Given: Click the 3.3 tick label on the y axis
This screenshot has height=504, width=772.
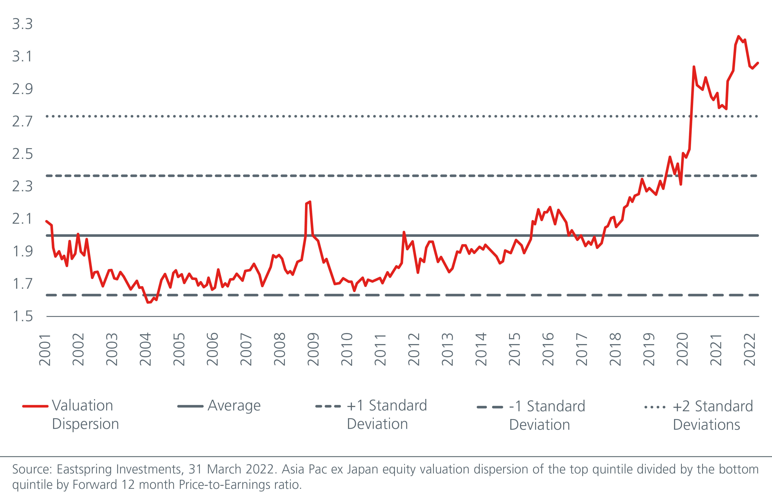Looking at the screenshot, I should tap(22, 24).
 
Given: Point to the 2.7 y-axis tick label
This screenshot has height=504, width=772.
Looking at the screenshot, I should tap(22, 121).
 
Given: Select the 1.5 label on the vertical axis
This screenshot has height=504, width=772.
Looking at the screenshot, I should tap(22, 316).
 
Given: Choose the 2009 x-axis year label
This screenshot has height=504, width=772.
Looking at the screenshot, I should tap(313, 349).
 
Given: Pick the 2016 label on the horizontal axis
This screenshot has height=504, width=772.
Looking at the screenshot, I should tap(548, 349).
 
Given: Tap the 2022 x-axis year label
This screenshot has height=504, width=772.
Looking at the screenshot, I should tap(749, 349).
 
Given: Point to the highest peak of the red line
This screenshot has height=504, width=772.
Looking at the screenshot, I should tap(739, 36).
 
